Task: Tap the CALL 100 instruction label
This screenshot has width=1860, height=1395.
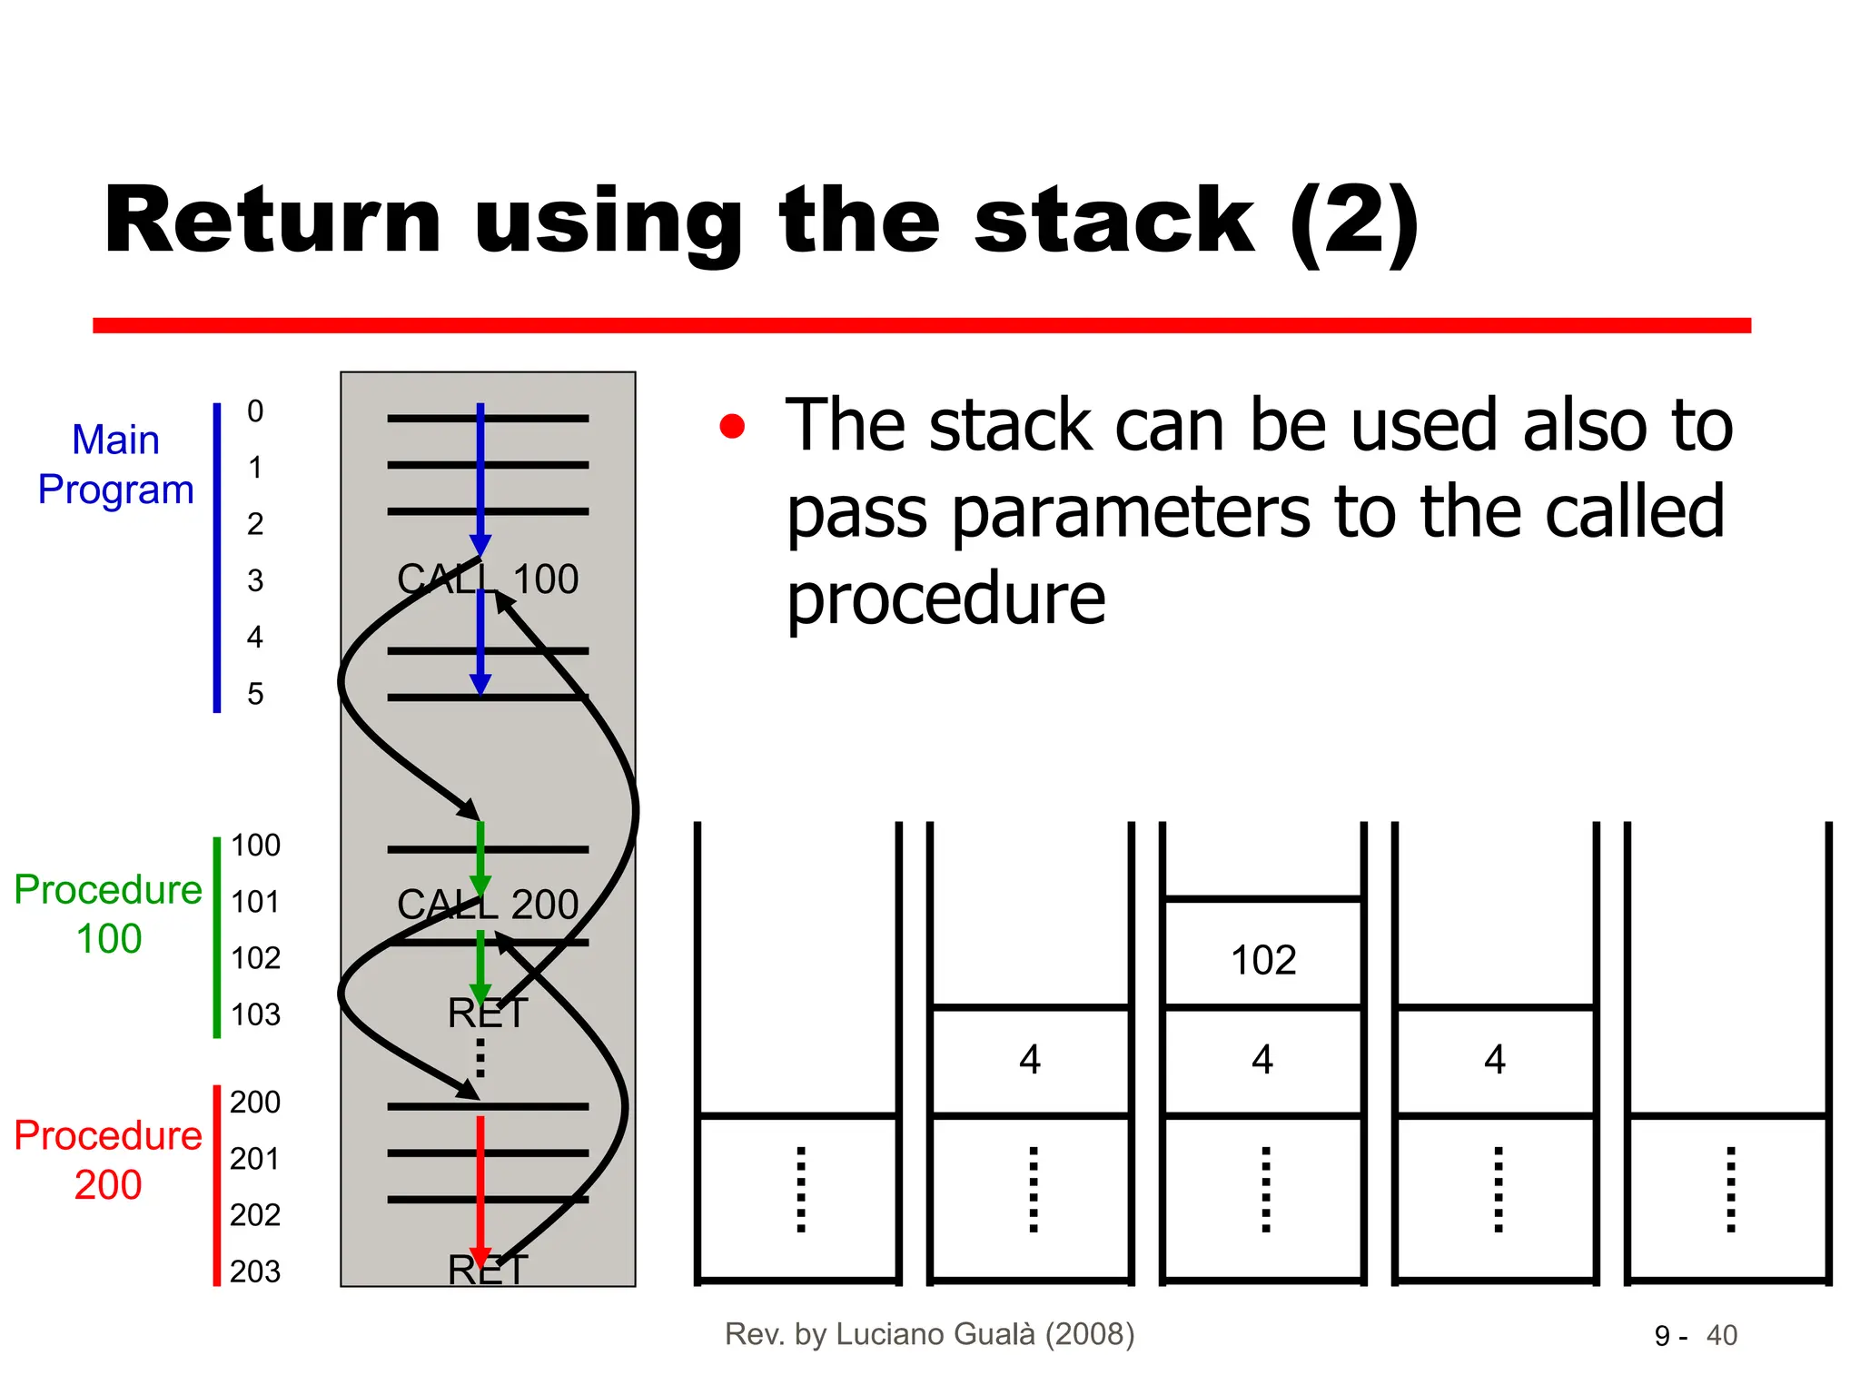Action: (488, 579)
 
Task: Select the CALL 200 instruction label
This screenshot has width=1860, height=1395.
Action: (488, 905)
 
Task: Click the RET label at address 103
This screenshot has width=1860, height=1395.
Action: (488, 1013)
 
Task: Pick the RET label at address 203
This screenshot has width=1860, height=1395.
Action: (488, 1270)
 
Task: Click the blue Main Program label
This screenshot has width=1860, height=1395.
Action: (115, 465)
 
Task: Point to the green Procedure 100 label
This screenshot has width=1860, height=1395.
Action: (108, 914)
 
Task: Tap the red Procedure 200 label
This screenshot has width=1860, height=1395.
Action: (108, 1160)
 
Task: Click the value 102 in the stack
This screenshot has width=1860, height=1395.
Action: (1262, 960)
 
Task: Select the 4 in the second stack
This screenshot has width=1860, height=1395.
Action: (1029, 1060)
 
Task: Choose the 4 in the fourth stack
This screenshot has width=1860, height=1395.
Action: (1495, 1060)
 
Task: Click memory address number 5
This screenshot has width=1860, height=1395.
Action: (255, 694)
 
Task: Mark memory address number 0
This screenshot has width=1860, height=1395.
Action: (255, 411)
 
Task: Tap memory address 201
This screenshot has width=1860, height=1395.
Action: (254, 1159)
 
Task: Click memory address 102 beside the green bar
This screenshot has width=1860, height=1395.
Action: (255, 958)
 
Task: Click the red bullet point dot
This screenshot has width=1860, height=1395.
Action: (732, 426)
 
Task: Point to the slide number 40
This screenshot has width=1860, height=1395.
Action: (1721, 1336)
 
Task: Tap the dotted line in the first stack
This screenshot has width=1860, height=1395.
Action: (800, 1190)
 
